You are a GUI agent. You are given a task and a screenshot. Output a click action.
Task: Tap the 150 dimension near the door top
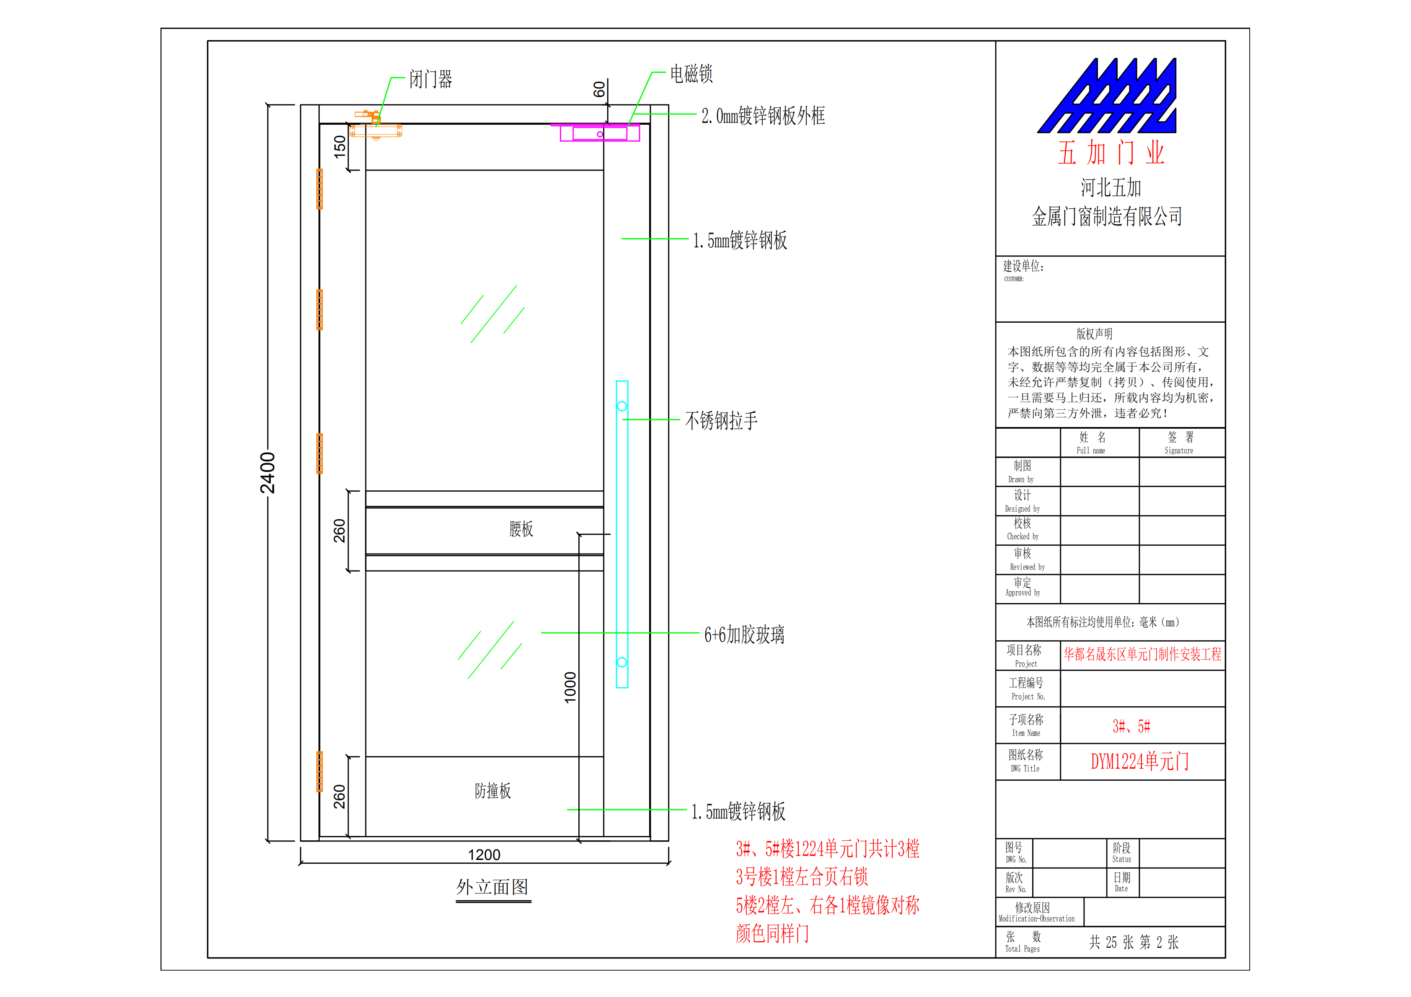coord(339,147)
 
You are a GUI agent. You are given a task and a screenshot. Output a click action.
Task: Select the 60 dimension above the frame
coord(598,90)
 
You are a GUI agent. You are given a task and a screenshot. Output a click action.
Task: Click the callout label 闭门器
coord(430,79)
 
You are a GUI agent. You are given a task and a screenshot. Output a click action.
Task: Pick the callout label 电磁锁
coord(691,74)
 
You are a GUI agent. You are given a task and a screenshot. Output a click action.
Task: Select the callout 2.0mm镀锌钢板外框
coord(763,116)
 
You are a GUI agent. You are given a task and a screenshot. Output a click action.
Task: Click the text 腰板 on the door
coord(520,528)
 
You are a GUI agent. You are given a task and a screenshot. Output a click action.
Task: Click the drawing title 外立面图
coord(492,886)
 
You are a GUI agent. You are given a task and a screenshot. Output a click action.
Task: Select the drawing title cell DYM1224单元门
coord(1140,761)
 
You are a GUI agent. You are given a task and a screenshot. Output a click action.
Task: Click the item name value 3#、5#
coord(1131,727)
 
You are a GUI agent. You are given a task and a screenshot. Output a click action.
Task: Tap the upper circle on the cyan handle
coord(622,406)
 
